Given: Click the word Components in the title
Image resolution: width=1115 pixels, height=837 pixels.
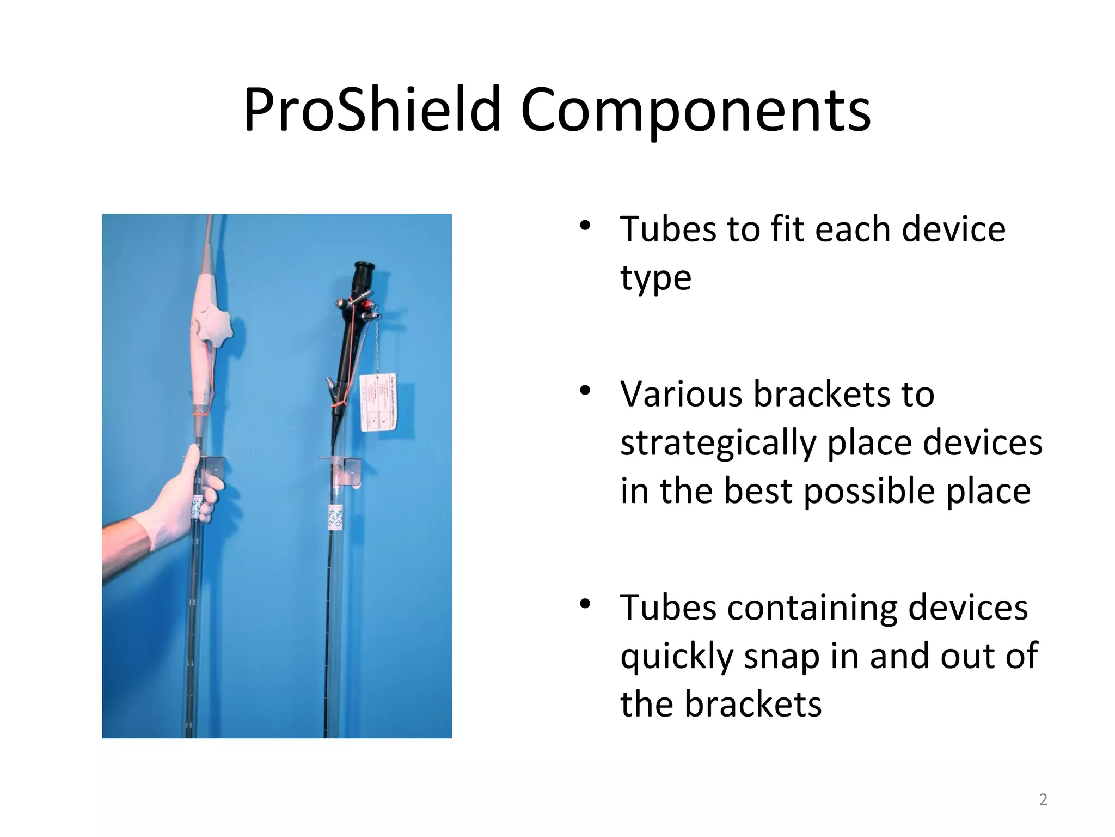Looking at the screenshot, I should [x=695, y=112].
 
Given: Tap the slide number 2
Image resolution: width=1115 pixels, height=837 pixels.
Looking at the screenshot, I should [x=1043, y=800].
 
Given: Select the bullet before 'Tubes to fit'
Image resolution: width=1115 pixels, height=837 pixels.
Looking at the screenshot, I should [x=585, y=227].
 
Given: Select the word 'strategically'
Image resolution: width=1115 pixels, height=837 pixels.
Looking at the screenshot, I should [x=718, y=442].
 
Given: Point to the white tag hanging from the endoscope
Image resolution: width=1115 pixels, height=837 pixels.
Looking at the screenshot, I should [x=379, y=402].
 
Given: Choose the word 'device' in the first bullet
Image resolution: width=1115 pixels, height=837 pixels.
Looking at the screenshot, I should [x=953, y=229].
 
